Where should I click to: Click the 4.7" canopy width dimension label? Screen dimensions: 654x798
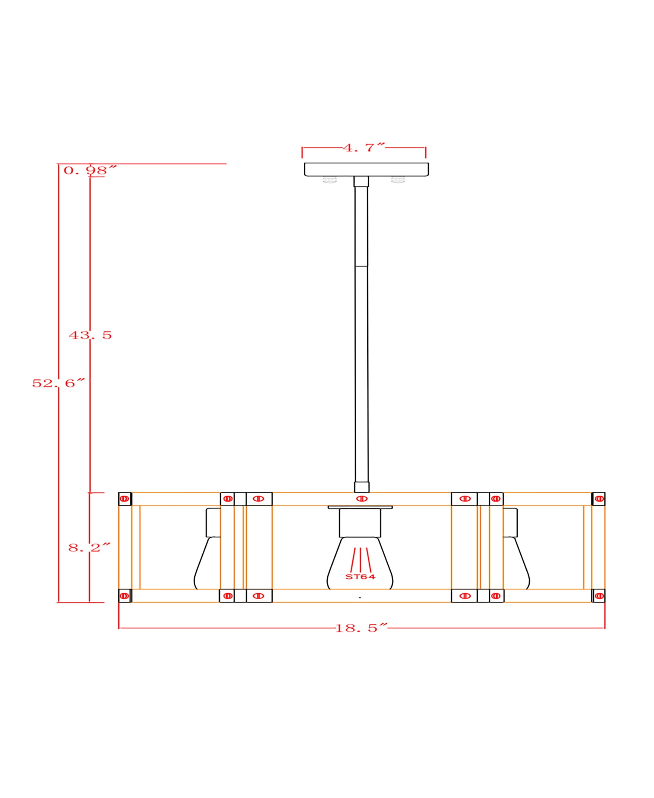(x=364, y=147)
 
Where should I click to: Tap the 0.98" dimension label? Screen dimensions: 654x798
(x=90, y=170)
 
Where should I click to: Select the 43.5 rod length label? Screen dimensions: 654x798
(x=90, y=335)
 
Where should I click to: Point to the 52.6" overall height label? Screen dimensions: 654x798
(x=59, y=383)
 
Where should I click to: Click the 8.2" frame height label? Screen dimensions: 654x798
(x=90, y=548)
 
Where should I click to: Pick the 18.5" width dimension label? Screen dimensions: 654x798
(x=362, y=628)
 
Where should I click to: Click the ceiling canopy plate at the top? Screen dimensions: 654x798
(x=366, y=169)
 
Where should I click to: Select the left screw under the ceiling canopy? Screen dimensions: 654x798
(x=330, y=180)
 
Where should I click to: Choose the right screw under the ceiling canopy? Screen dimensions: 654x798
(x=398, y=180)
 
